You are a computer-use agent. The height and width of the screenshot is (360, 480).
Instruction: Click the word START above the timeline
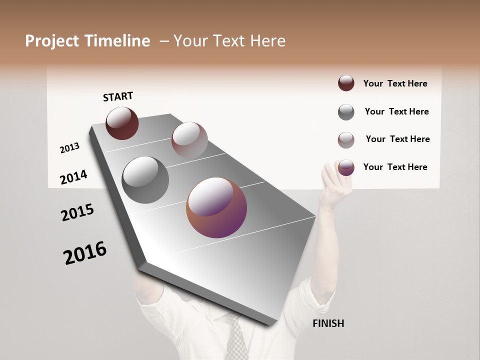pos(118,96)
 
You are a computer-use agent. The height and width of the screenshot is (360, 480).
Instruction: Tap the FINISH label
pos(328,323)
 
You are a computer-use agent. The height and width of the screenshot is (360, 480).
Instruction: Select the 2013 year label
pos(69,148)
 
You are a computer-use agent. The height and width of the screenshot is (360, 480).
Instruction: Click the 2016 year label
pos(85,253)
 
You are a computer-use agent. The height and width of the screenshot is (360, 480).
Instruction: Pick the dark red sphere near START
pos(122,123)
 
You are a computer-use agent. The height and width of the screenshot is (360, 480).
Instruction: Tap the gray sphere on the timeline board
pos(145,180)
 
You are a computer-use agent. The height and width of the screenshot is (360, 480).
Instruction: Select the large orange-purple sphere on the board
pos(216,207)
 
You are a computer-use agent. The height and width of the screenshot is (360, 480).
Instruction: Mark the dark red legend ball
pos(346,83)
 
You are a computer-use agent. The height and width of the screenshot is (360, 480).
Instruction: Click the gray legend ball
pos(346,112)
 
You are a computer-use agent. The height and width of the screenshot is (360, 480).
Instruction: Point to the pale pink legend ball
pos(346,140)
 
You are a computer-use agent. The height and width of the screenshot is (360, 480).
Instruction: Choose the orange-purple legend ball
pos(346,167)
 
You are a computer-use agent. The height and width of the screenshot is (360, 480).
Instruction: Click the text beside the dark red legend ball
pos(395,83)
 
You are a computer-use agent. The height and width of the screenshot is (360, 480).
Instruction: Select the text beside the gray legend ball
pos(396,111)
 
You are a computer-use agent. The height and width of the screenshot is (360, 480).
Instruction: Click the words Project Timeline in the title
pos(87,41)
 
